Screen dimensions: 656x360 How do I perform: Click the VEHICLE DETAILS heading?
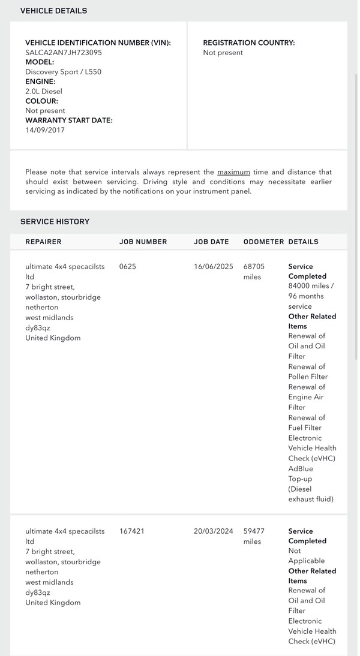pyautogui.click(x=53, y=11)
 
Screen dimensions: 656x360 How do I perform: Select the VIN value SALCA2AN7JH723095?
pyautogui.click(x=64, y=53)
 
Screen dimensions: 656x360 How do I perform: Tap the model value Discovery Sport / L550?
pyautogui.click(x=63, y=72)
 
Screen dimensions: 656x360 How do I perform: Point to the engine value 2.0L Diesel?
pyautogui.click(x=44, y=91)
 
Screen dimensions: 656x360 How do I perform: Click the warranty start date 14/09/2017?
pyautogui.click(x=45, y=130)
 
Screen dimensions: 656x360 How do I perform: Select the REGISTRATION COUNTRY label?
pyautogui.click(x=249, y=43)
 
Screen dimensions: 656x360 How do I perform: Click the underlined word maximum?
pyautogui.click(x=233, y=172)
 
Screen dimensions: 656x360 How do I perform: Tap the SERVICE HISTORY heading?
pyautogui.click(x=55, y=221)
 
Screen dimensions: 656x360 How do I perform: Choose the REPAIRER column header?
pyautogui.click(x=43, y=242)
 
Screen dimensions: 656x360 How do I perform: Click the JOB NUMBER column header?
pyautogui.click(x=143, y=242)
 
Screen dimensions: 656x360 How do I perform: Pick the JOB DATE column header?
pyautogui.click(x=211, y=242)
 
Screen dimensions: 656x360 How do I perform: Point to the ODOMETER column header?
pyautogui.click(x=263, y=242)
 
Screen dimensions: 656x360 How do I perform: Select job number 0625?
pyautogui.click(x=128, y=266)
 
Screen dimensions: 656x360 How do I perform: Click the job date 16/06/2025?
pyautogui.click(x=213, y=266)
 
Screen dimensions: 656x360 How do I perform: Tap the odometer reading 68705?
pyautogui.click(x=254, y=266)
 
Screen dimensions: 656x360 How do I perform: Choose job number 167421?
pyautogui.click(x=132, y=531)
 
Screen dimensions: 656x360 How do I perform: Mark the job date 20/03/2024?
pyautogui.click(x=213, y=531)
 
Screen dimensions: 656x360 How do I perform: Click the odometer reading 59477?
pyautogui.click(x=254, y=531)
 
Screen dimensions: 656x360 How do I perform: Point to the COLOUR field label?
pyautogui.click(x=41, y=101)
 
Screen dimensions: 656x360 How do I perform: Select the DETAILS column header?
pyautogui.click(x=303, y=242)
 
